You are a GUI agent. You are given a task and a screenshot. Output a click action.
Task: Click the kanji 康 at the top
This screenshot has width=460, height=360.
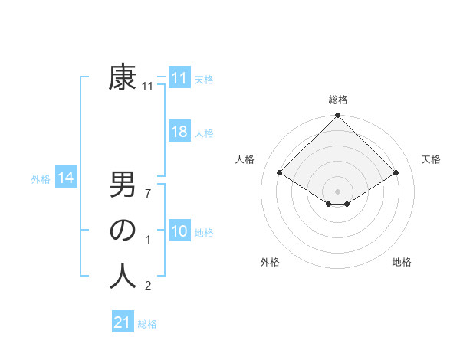click(x=123, y=78)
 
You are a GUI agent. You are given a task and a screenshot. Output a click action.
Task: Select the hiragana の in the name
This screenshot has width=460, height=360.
click(x=123, y=231)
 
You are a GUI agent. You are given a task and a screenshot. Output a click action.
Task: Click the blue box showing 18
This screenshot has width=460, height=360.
click(x=179, y=132)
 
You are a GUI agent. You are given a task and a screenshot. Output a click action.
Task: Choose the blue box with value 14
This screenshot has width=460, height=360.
click(x=66, y=178)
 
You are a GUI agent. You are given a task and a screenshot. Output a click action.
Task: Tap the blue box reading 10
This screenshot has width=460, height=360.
click(x=179, y=231)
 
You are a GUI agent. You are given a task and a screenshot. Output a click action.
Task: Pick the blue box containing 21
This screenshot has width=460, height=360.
click(x=123, y=322)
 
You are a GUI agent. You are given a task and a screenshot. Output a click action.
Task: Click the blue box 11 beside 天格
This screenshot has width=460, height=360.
click(x=179, y=78)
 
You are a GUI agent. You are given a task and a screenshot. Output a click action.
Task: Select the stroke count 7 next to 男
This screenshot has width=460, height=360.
click(x=148, y=193)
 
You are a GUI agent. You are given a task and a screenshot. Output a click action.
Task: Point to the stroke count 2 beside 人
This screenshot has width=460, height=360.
click(x=148, y=286)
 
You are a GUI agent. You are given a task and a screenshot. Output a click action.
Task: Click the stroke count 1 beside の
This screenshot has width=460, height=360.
click(x=148, y=241)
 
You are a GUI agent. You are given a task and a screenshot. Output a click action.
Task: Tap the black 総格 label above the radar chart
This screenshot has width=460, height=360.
click(x=338, y=100)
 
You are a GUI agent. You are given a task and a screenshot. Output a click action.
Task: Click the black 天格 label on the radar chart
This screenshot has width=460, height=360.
click(x=432, y=159)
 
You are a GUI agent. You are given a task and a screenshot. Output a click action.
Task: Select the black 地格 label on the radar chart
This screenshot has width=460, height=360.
click(x=402, y=262)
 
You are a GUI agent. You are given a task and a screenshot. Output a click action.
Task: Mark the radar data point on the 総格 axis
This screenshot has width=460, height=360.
click(x=338, y=116)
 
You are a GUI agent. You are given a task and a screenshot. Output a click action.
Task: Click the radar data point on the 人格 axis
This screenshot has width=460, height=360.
click(x=280, y=172)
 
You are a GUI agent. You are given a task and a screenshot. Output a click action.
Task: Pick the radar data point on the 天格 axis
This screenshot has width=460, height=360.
click(x=397, y=172)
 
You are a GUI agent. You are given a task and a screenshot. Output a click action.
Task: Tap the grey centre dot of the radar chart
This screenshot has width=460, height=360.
click(x=338, y=191)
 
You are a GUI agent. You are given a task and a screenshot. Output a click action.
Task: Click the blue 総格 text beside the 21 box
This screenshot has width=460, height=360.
click(x=147, y=324)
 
